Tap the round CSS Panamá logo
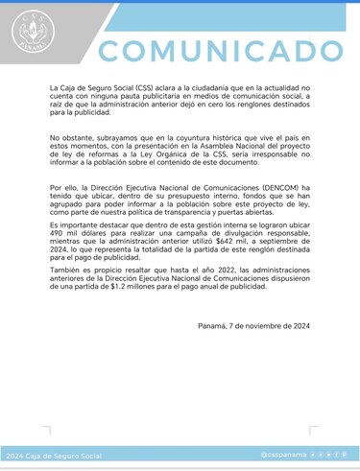[x=33, y=35]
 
